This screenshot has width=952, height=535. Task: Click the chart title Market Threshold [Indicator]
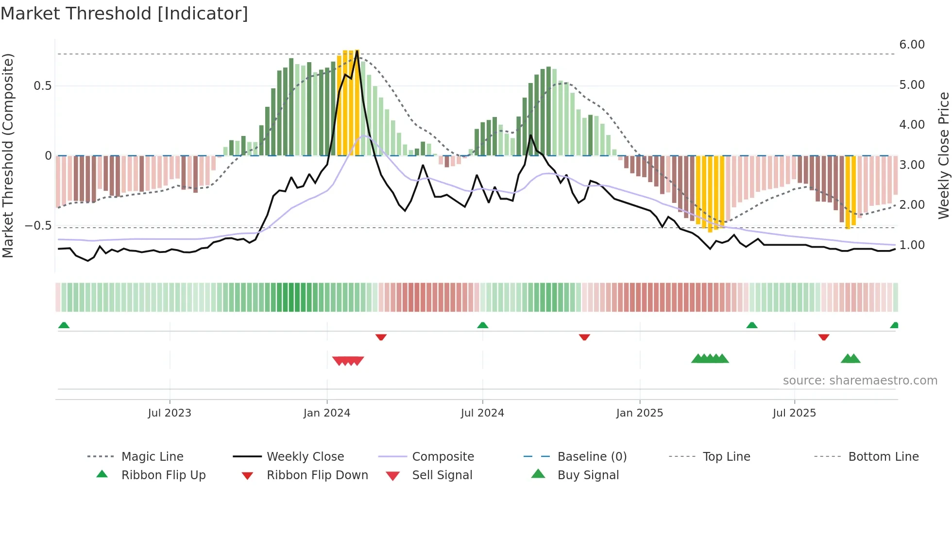[124, 14]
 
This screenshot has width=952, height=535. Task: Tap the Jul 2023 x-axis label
[170, 413]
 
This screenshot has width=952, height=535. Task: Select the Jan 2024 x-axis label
[327, 413]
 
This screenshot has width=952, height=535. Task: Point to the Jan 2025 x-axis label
[640, 413]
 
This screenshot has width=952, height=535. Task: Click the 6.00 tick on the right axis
[912, 45]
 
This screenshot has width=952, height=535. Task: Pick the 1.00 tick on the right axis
[912, 245]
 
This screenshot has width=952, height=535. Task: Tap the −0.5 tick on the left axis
[38, 226]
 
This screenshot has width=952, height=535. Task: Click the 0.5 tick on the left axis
[43, 86]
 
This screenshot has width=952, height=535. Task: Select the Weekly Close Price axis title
[943, 155]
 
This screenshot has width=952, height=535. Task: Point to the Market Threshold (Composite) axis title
[8, 155]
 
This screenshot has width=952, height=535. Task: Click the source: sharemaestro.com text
[860, 381]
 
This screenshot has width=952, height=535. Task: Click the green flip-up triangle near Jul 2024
[482, 325]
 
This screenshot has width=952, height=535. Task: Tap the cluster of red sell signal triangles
[348, 361]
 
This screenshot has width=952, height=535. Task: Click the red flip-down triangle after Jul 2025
[823, 337]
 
